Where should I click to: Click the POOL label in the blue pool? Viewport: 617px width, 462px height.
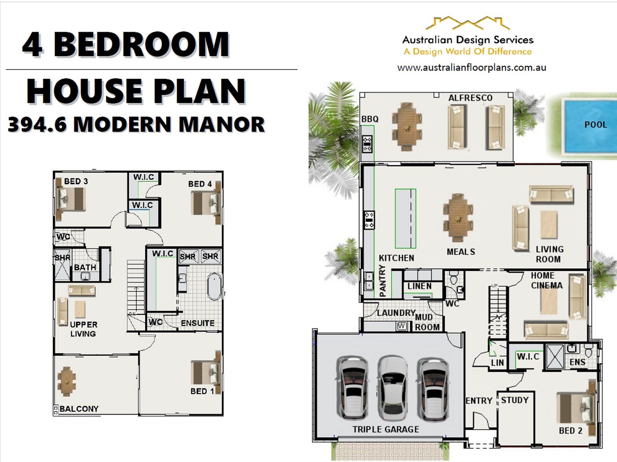[x=595, y=125]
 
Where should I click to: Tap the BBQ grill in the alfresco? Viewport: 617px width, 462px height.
[x=367, y=144]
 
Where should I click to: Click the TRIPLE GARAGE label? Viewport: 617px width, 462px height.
[x=385, y=429]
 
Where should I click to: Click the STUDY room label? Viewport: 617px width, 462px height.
[x=514, y=400]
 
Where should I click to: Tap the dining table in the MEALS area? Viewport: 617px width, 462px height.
[x=458, y=218]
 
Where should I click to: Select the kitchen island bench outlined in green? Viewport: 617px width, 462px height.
[x=405, y=218]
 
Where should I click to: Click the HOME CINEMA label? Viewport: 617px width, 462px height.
[x=546, y=280]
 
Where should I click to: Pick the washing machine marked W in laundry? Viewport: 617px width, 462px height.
[x=402, y=326]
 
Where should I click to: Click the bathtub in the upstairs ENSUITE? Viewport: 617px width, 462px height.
[x=214, y=287]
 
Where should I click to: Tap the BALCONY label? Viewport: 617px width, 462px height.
[x=79, y=409]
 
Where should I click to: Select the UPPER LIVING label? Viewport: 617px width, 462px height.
[x=83, y=329]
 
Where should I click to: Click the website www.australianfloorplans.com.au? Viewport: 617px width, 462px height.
[x=471, y=68]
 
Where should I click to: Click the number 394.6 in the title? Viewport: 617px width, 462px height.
[x=37, y=125]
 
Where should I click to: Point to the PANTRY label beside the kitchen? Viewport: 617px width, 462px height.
[x=382, y=281]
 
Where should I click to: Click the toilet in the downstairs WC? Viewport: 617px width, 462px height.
[x=453, y=279]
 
